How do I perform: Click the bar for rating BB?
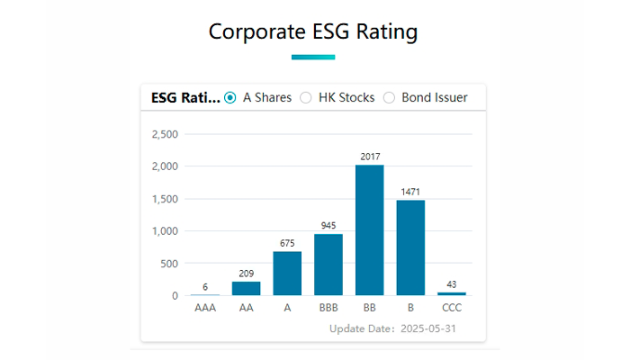point(370,230)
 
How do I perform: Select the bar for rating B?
point(410,247)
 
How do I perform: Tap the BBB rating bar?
point(328,265)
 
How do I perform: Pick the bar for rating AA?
point(246,288)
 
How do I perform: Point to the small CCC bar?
point(452,293)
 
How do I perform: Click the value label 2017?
point(370,157)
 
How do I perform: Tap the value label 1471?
point(410,192)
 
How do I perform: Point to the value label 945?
point(328,226)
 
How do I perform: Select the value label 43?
point(452,284)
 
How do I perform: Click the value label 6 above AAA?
point(205,286)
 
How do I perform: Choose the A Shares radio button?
point(230,97)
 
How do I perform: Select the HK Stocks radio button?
point(306,97)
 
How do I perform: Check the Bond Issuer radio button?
point(390,97)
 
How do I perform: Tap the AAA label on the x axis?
point(205,308)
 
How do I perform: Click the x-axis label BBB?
point(328,308)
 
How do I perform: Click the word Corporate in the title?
point(253,31)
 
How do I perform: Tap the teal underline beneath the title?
point(313,57)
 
